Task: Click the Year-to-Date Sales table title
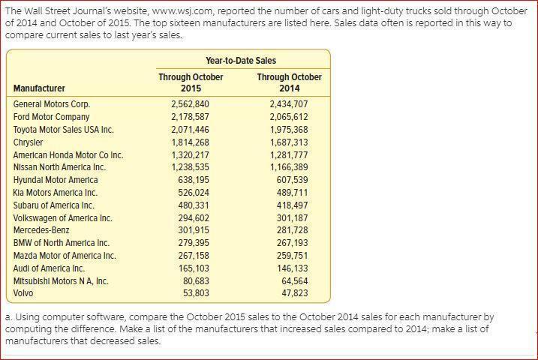240,60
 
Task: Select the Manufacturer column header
39,88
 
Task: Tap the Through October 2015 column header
191,82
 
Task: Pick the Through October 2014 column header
289,82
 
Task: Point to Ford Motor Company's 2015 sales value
190,117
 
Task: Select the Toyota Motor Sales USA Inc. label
64,130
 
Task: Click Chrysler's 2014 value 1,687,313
289,142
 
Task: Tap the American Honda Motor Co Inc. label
68,155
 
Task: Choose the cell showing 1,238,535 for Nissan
190,167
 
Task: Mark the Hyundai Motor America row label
56,180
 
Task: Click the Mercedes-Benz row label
41,230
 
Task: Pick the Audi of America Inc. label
50,268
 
